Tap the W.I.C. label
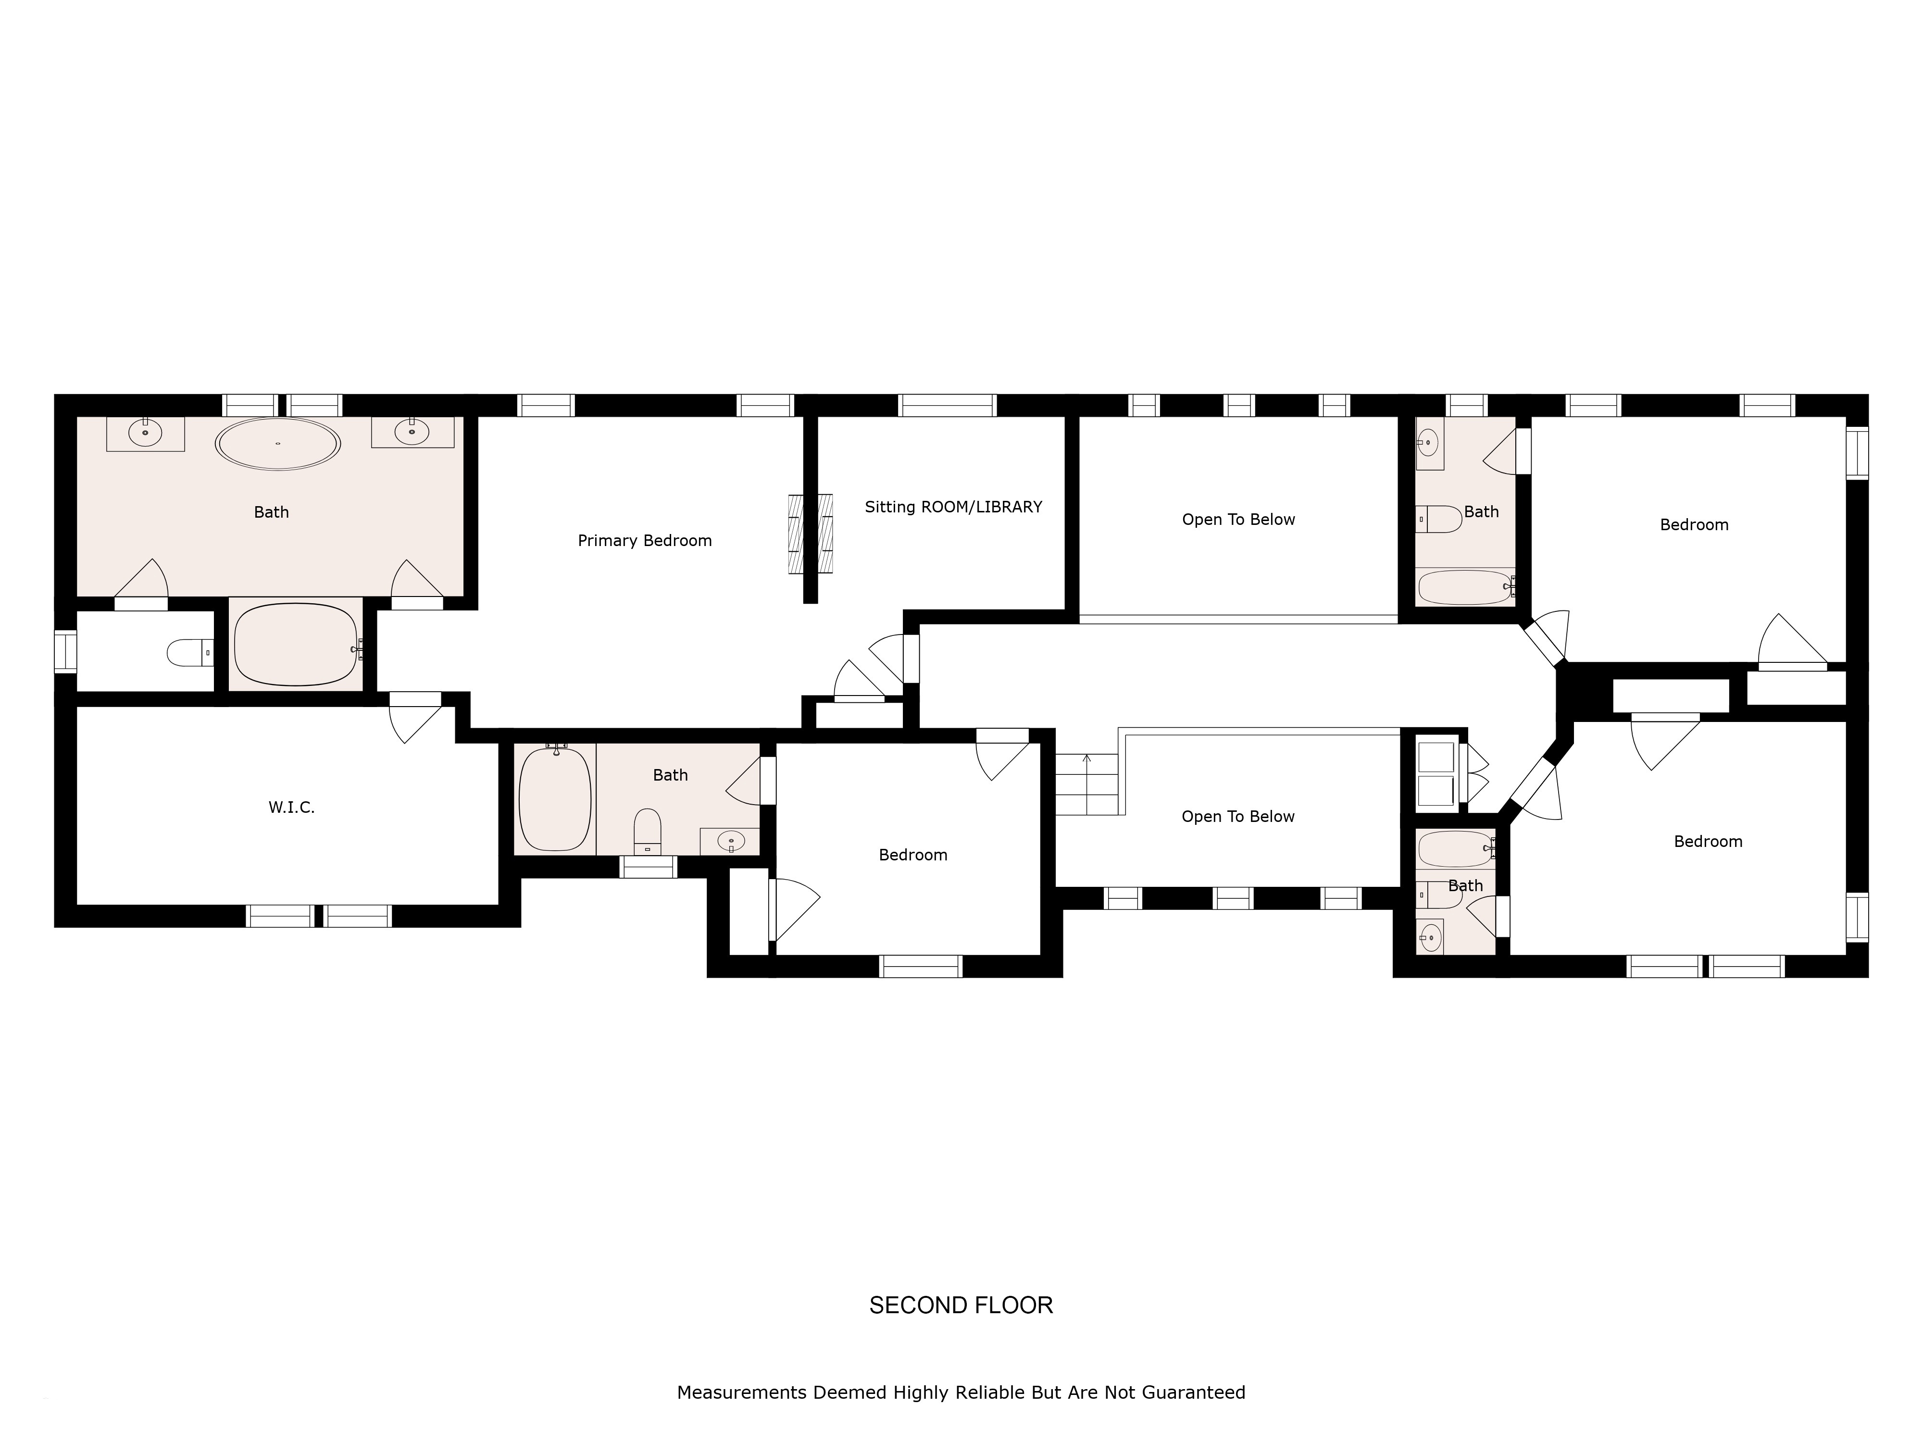pos(291,808)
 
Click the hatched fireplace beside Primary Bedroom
pos(810,534)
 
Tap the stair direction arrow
pos(1086,769)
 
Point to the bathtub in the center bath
pos(555,798)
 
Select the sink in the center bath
pos(730,841)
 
